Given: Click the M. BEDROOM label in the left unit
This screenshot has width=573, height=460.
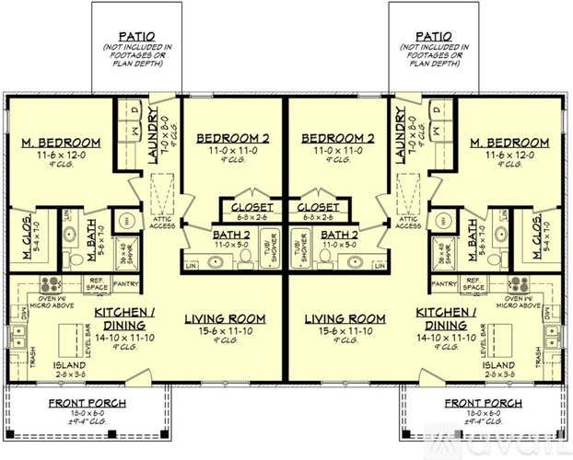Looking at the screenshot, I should coord(60,143).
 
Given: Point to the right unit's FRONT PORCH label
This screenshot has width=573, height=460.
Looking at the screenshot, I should coord(483,404).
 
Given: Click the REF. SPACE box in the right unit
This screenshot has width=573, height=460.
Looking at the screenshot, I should coord(474,284).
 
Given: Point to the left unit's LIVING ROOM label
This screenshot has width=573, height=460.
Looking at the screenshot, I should coord(225,318).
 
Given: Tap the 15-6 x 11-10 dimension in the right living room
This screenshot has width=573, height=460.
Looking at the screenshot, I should coord(344,329).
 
